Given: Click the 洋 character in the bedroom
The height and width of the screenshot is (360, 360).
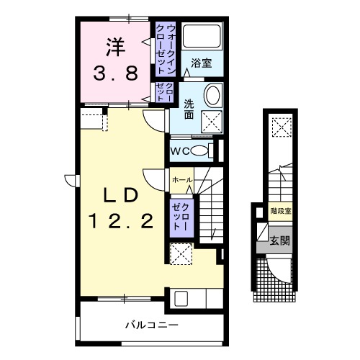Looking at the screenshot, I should [114, 47].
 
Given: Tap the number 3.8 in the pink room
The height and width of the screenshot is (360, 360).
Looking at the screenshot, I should [114, 73].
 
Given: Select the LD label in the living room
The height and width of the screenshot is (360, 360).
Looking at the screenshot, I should [120, 195].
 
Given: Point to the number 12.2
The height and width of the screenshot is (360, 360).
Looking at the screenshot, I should [120, 222].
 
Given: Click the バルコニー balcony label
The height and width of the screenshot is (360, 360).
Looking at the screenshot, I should [153, 325].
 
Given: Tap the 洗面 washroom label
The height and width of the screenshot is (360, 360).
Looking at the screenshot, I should [189, 108].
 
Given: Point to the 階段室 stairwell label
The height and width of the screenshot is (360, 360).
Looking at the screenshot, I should [281, 212].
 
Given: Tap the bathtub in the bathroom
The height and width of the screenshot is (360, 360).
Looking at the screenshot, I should [202, 36].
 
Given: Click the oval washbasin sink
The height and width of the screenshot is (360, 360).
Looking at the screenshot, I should [212, 95].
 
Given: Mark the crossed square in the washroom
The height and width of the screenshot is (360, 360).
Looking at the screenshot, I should [210, 120].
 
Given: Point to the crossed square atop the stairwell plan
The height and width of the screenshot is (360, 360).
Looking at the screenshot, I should [279, 128].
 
